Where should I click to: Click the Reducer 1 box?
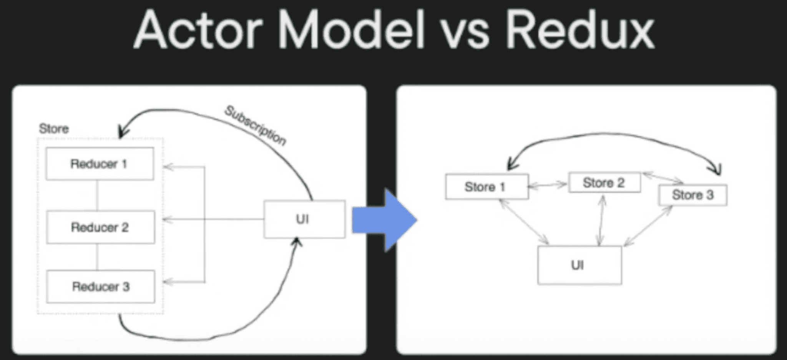(x=100, y=164)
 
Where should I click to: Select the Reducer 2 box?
(x=100, y=227)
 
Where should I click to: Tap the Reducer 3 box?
(x=101, y=287)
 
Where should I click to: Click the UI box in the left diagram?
(x=304, y=219)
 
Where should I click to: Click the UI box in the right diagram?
(x=579, y=265)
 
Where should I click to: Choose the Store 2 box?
(x=604, y=182)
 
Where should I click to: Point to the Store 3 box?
(x=692, y=195)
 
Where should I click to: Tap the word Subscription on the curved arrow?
(x=256, y=126)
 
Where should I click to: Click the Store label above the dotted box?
(x=54, y=129)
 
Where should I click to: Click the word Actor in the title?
(x=198, y=31)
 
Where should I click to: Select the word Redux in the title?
(x=579, y=31)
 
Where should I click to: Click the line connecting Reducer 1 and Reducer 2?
(x=98, y=195)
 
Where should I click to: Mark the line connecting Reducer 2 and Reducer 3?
(x=98, y=257)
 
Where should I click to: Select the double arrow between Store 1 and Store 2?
(x=548, y=186)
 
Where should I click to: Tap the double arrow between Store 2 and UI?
(x=601, y=221)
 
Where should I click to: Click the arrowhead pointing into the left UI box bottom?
(x=297, y=242)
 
